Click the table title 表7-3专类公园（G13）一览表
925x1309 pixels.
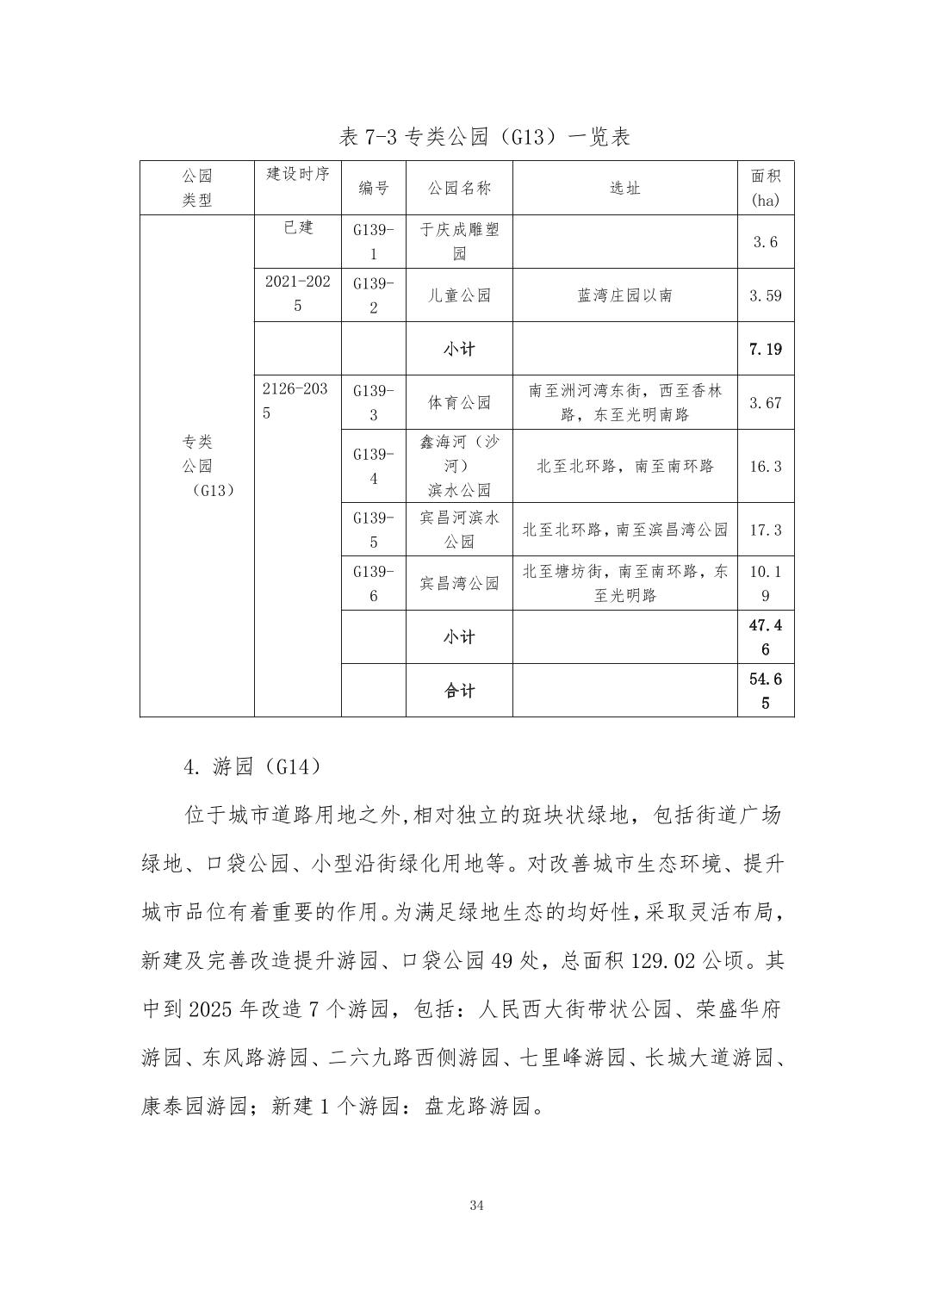485,137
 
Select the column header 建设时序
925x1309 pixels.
298,174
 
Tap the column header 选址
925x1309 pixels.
624,188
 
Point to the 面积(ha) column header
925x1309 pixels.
766,188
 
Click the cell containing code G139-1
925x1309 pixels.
374,242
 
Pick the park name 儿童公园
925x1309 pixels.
459,295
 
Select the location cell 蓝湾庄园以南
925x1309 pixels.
624,295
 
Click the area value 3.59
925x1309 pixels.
766,295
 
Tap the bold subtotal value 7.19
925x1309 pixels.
766,349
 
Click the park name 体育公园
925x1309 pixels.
459,402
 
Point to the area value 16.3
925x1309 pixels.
766,466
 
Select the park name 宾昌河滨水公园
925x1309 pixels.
459,530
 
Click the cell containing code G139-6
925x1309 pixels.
374,583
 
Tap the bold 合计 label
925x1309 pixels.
459,691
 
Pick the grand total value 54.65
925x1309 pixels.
766,691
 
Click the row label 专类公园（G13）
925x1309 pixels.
197,466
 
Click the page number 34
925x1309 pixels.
477,1206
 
